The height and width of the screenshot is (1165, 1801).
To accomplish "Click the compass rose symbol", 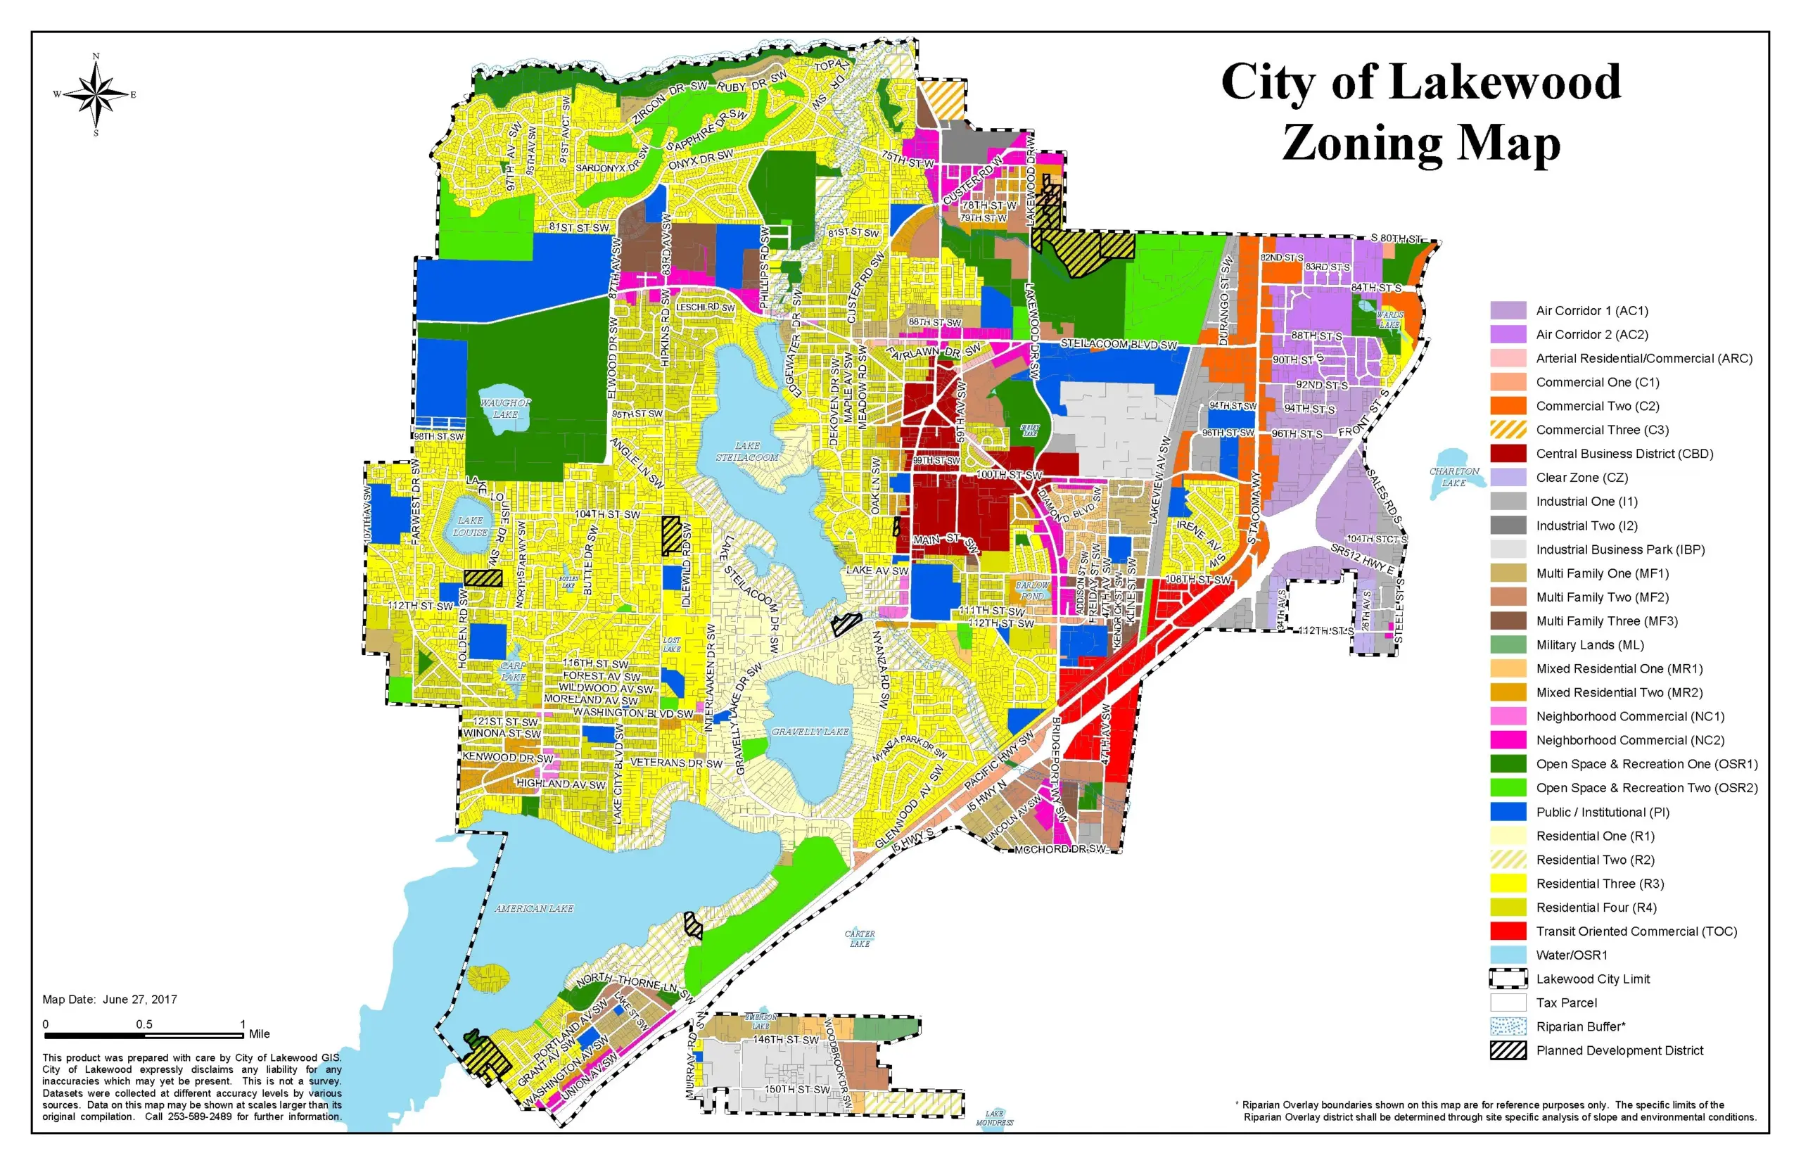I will pyautogui.click(x=96, y=94).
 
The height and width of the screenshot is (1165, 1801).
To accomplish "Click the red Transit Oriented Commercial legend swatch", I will pyautogui.click(x=1508, y=931).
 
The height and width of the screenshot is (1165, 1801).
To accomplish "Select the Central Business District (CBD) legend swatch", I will pyautogui.click(x=1508, y=453).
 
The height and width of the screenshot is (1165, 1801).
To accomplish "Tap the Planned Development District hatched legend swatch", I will pyautogui.click(x=1508, y=1050).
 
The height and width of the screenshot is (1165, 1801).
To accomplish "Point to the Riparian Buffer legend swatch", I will pyautogui.click(x=1508, y=1026).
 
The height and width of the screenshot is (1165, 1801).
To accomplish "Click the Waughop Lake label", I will pyautogui.click(x=505, y=409).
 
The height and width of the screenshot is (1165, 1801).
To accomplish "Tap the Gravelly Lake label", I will pyautogui.click(x=809, y=732).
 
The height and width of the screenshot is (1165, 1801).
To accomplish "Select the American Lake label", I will pyautogui.click(x=534, y=908).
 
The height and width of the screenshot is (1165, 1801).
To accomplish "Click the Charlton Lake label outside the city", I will pyautogui.click(x=1453, y=476).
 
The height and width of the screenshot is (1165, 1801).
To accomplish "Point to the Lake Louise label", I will pyautogui.click(x=470, y=526).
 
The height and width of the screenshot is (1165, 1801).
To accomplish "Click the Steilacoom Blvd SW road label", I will pyautogui.click(x=1118, y=344).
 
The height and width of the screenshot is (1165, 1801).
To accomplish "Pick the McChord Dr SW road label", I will pyautogui.click(x=1059, y=849).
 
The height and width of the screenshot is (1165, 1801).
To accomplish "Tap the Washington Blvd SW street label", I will pyautogui.click(x=632, y=713).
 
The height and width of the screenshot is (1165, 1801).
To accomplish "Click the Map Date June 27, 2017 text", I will pyautogui.click(x=110, y=1000).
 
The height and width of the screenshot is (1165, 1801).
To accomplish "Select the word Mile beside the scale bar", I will pyautogui.click(x=260, y=1033).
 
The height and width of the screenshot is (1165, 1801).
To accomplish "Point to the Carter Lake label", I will pyautogui.click(x=859, y=938).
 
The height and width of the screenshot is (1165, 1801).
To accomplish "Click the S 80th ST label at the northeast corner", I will pyautogui.click(x=1396, y=238).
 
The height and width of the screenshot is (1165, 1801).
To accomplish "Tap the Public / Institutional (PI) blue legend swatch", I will pyautogui.click(x=1508, y=812).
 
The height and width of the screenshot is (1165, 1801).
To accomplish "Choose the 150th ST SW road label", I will pyautogui.click(x=796, y=1088).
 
